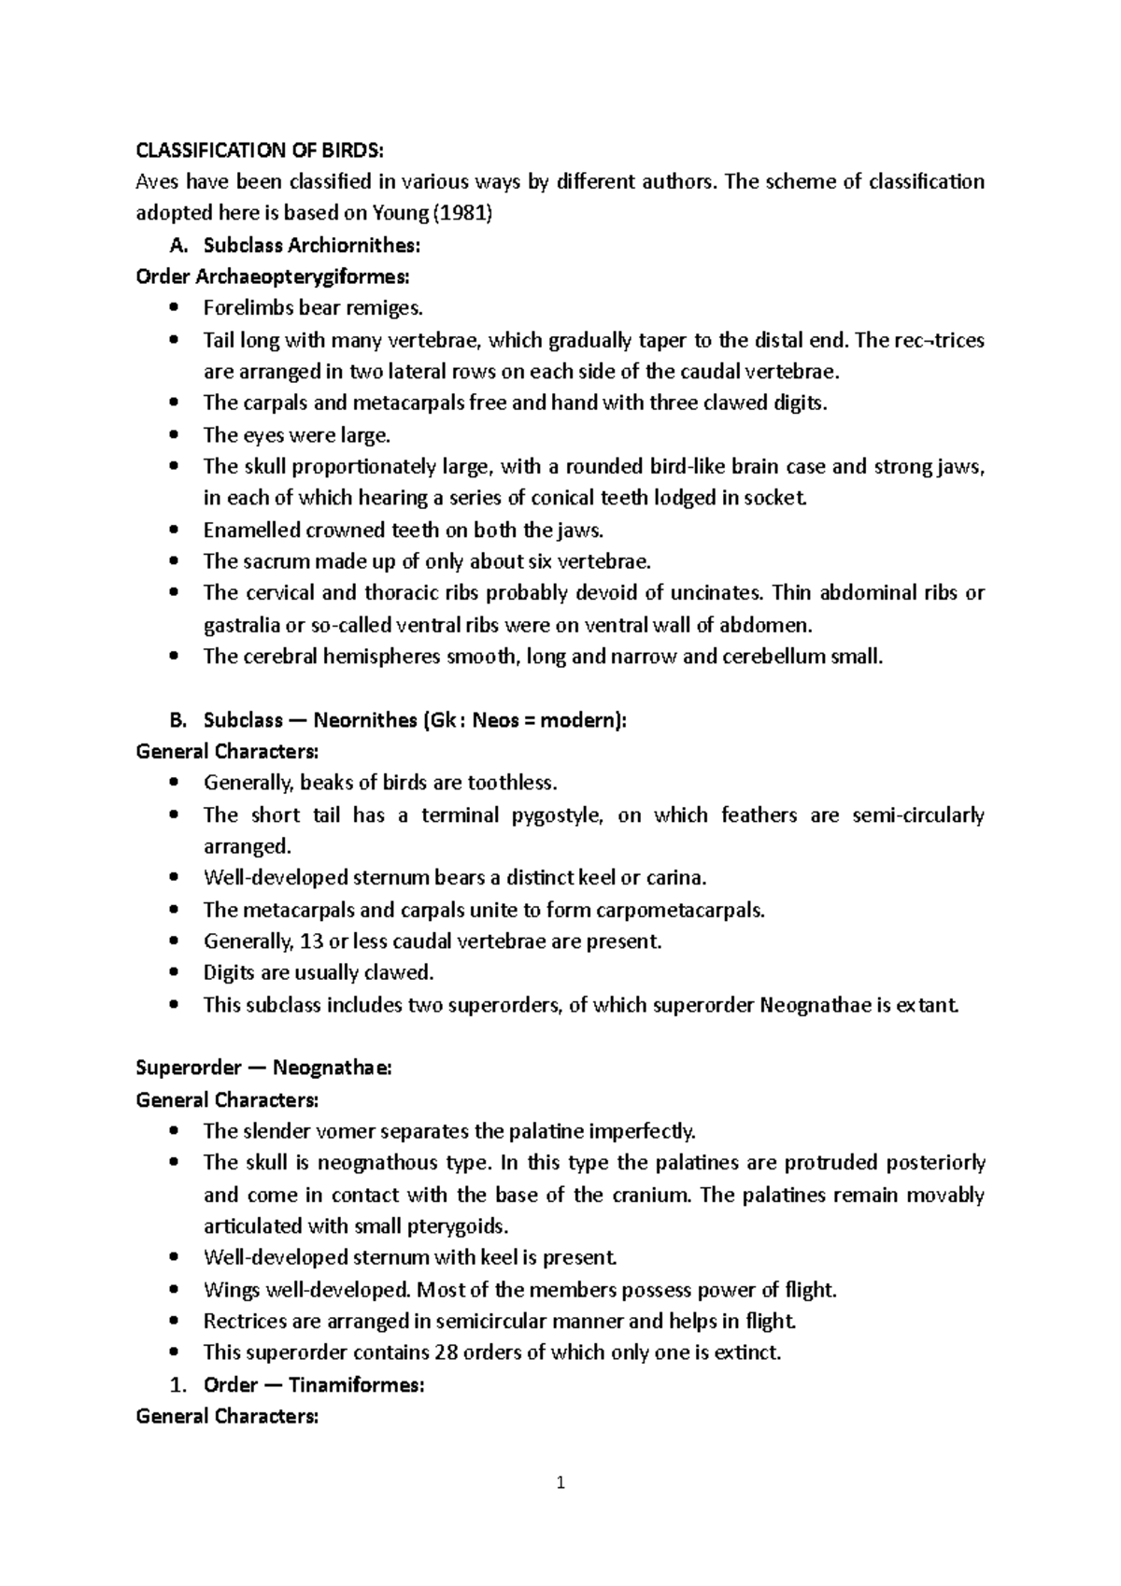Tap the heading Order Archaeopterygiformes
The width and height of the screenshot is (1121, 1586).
click(x=272, y=276)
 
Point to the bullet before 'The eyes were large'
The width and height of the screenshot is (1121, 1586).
click(x=174, y=435)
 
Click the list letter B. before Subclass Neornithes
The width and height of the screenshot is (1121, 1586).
click(x=178, y=720)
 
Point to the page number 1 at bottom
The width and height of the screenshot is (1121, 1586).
click(x=560, y=1482)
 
